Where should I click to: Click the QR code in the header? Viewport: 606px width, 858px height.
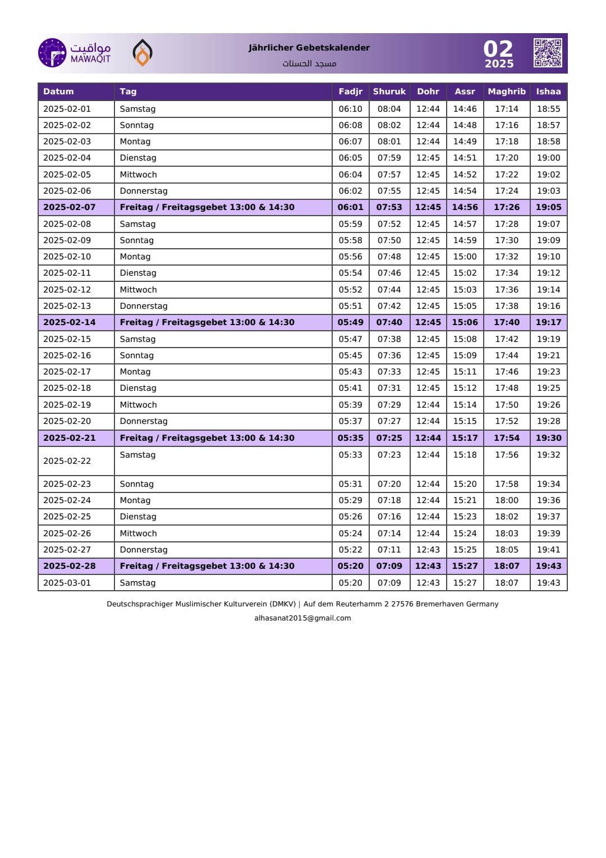pos(548,53)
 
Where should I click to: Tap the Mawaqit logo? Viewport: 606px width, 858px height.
pos(75,53)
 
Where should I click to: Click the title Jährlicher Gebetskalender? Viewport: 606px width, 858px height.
pos(309,48)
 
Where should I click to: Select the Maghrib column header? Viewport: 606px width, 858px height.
pos(507,92)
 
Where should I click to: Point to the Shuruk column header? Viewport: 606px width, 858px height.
pos(389,92)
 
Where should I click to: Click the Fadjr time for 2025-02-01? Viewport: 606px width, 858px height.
pos(350,109)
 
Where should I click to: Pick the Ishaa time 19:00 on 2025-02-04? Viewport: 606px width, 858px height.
pos(548,158)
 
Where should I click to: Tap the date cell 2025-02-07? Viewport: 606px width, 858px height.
pos(70,207)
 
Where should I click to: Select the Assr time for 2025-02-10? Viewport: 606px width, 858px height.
pos(465,257)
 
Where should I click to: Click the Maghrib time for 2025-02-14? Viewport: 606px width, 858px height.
pos(507,322)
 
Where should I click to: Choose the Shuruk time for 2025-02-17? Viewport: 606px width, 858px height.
pos(389,372)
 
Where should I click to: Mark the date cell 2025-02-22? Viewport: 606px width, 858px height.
pos(67,461)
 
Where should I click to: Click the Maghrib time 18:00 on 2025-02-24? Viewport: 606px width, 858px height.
pos(507,500)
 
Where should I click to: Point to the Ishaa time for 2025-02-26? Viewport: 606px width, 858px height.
pos(548,533)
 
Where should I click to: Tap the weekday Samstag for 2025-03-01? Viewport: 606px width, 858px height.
pos(137,583)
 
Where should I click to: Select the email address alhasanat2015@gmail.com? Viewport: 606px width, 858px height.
pos(302,618)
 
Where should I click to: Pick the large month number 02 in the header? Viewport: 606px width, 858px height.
pos(498,49)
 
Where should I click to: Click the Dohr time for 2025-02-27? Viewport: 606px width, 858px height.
pos(428,550)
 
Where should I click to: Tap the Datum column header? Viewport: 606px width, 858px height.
pos(58,92)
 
